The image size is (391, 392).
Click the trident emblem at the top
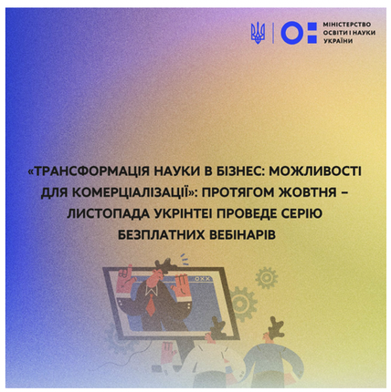258,34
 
